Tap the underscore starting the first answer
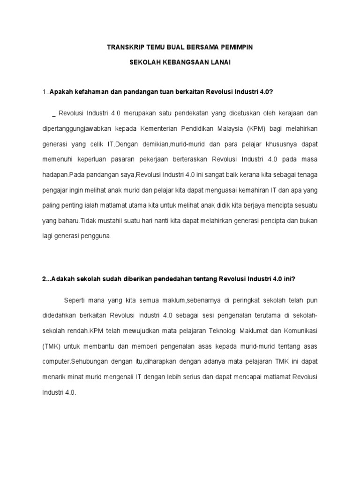pyautogui.click(x=54, y=114)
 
